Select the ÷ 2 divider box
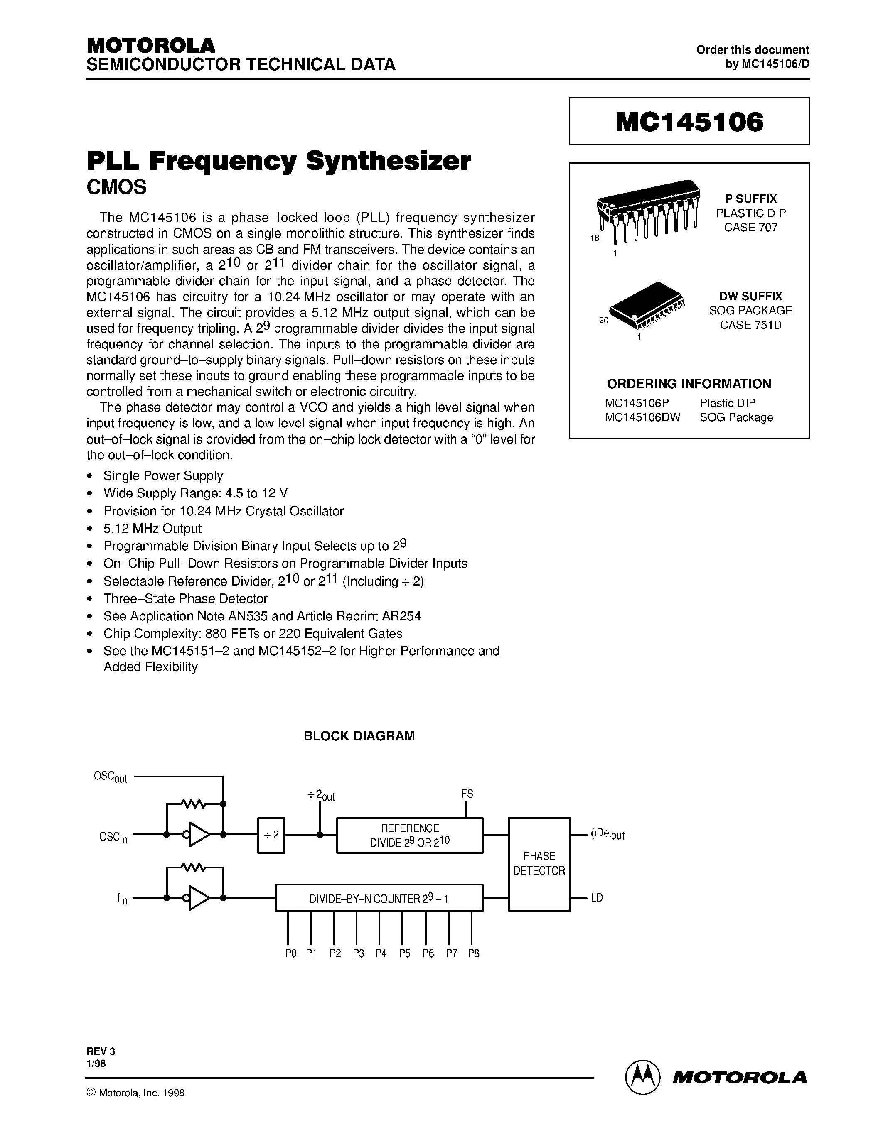[271, 835]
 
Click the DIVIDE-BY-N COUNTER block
[379, 898]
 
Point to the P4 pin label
[380, 953]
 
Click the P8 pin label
[473, 953]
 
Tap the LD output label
[596, 898]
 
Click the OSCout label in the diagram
[111, 777]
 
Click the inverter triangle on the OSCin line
[199, 835]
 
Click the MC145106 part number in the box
[689, 122]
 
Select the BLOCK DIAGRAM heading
[359, 736]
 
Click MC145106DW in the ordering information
[642, 417]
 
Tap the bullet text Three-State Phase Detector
[185, 599]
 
